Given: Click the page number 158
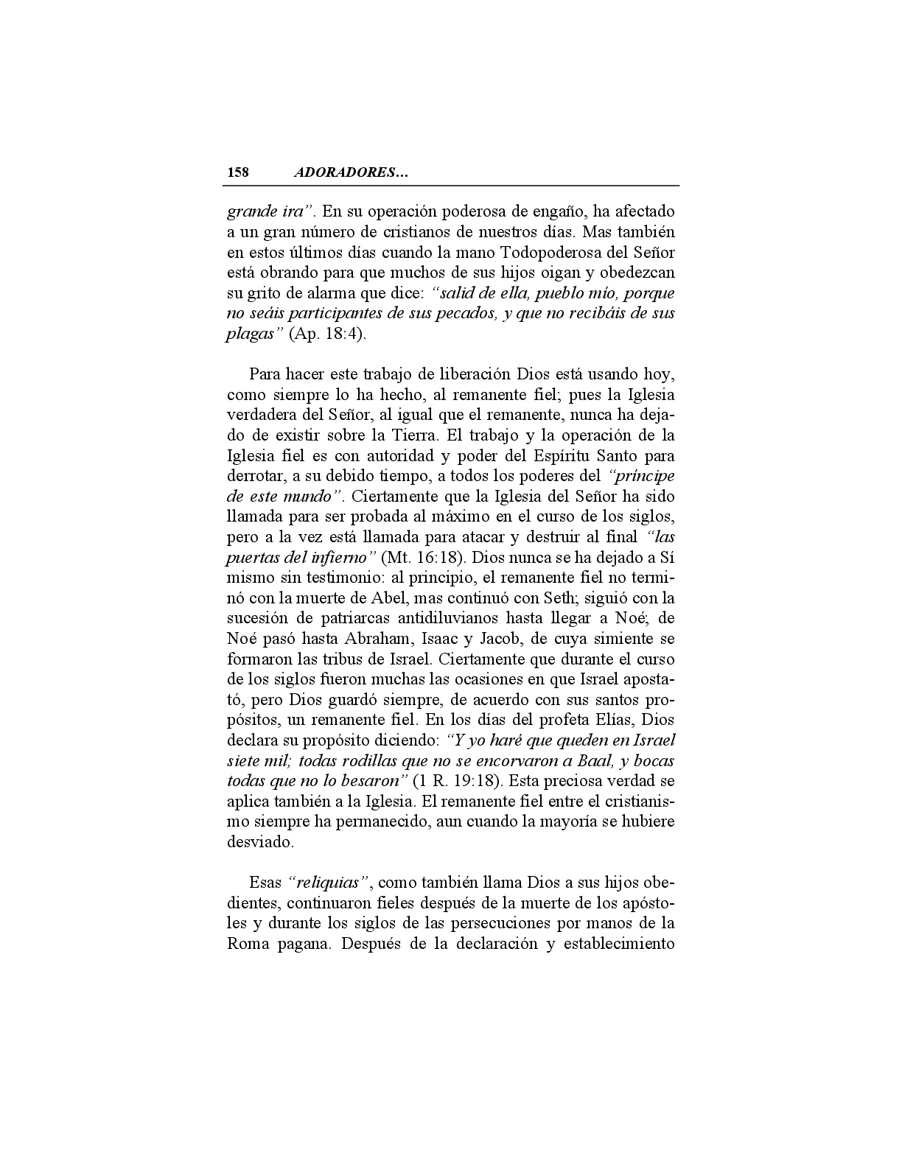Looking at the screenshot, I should [x=238, y=172].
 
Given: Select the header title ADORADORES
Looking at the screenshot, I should [x=351, y=172].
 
